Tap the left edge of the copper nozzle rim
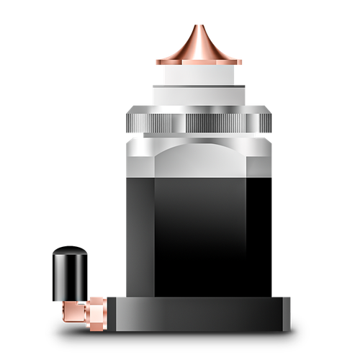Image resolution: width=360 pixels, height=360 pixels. pyautogui.click(x=157, y=61)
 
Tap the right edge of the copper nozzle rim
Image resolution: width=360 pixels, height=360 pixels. pyautogui.click(x=242, y=61)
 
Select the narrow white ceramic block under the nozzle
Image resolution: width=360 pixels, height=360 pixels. pyautogui.click(x=199, y=75)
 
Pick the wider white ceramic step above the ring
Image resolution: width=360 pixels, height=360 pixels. pyautogui.click(x=199, y=95)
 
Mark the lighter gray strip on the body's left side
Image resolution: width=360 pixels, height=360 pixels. pyautogui.click(x=140, y=238)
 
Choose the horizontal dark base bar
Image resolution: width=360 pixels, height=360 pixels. pyautogui.click(x=194, y=314)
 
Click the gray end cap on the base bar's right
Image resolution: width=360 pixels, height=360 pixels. pyautogui.click(x=287, y=314)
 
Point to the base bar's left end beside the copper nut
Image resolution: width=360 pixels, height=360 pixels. pyautogui.click(x=112, y=314)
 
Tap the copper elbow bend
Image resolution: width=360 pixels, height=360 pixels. pyautogui.click(x=71, y=310)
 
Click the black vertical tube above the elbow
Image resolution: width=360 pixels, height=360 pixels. pyautogui.click(x=70, y=277)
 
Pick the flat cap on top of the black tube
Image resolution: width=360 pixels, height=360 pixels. pyautogui.click(x=70, y=253)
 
